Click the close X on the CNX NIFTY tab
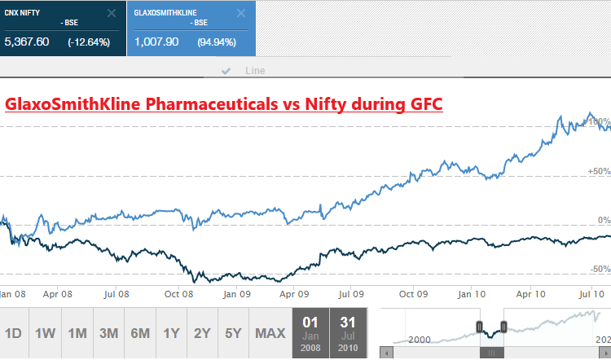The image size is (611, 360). (x=111, y=13)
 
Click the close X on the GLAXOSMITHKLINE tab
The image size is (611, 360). (x=240, y=13)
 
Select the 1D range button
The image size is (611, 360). (x=13, y=333)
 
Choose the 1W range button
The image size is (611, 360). (x=46, y=333)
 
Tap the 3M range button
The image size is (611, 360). (x=108, y=333)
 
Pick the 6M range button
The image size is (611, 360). (x=139, y=333)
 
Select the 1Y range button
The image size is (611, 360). (x=171, y=333)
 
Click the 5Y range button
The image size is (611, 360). (x=233, y=333)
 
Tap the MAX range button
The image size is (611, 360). (x=270, y=333)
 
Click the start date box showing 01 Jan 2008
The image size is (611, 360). (x=310, y=333)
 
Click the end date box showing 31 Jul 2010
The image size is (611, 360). (x=348, y=333)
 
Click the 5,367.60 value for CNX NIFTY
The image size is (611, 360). (x=27, y=42)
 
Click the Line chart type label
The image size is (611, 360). (x=255, y=71)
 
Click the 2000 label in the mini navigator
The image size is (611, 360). (x=419, y=339)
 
